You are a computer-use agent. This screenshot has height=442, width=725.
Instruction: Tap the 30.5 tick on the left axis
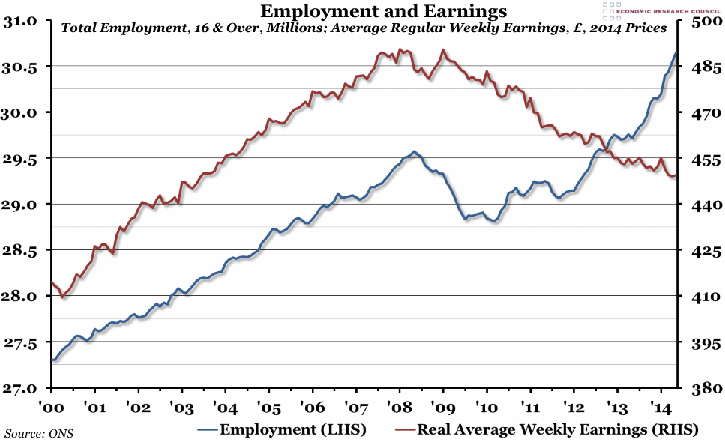pos(24,67)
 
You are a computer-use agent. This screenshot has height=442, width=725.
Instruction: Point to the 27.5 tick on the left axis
pos(24,343)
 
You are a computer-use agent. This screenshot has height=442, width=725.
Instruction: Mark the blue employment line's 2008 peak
pos(414,151)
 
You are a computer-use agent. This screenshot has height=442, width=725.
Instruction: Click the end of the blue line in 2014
pos(677,52)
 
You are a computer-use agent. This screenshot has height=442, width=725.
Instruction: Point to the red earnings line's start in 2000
pos(51,282)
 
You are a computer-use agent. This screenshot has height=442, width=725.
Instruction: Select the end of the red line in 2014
pos(677,175)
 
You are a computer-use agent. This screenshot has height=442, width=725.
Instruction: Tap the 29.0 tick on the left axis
pos(24,205)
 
